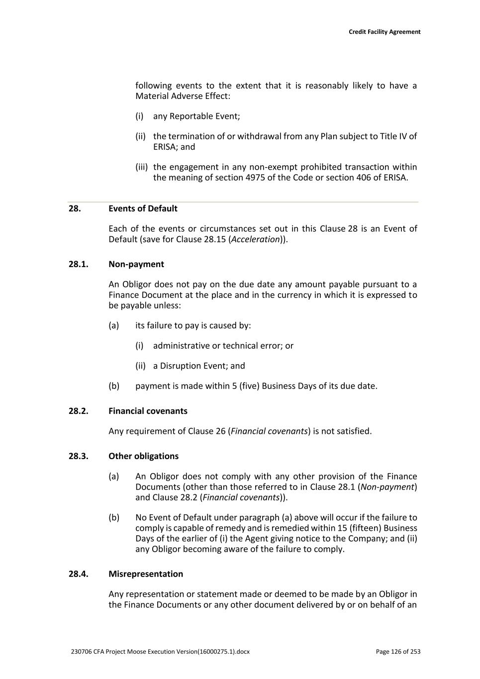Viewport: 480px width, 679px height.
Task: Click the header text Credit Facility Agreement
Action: (384, 32)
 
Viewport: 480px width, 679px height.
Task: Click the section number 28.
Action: (75, 208)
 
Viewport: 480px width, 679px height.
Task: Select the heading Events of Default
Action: (143, 208)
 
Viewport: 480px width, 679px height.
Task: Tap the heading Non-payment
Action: (136, 264)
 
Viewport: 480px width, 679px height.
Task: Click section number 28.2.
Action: (78, 411)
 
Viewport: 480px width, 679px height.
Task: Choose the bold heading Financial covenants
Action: (148, 411)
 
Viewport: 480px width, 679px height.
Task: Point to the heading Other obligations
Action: (143, 456)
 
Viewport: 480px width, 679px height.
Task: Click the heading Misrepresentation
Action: (146, 574)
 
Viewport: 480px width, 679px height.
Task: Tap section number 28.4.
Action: (78, 574)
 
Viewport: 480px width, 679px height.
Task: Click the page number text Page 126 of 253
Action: (398, 652)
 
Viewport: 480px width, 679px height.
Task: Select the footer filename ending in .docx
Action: (160, 652)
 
